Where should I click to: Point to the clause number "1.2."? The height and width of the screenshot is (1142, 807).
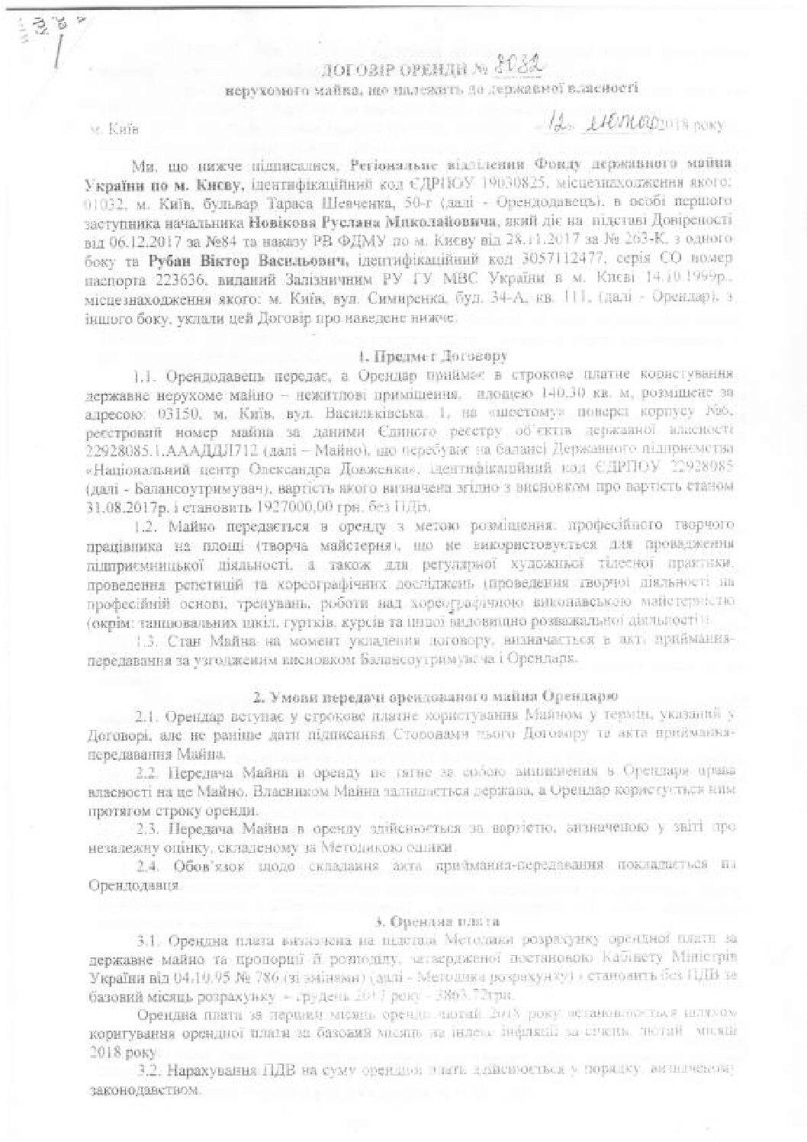pos(147,526)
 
